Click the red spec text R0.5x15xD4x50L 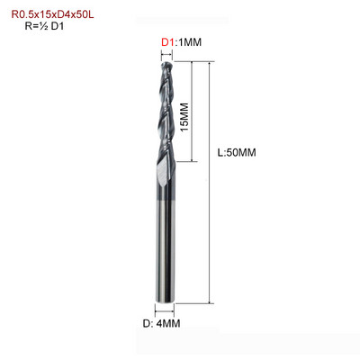click(x=52, y=14)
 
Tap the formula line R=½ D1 click(x=44, y=26)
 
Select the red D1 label click(x=167, y=42)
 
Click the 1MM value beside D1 click(x=189, y=42)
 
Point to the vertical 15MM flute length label click(x=184, y=117)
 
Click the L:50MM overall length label click(x=237, y=153)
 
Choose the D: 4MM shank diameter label click(x=161, y=324)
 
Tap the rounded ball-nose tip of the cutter click(x=166, y=65)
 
